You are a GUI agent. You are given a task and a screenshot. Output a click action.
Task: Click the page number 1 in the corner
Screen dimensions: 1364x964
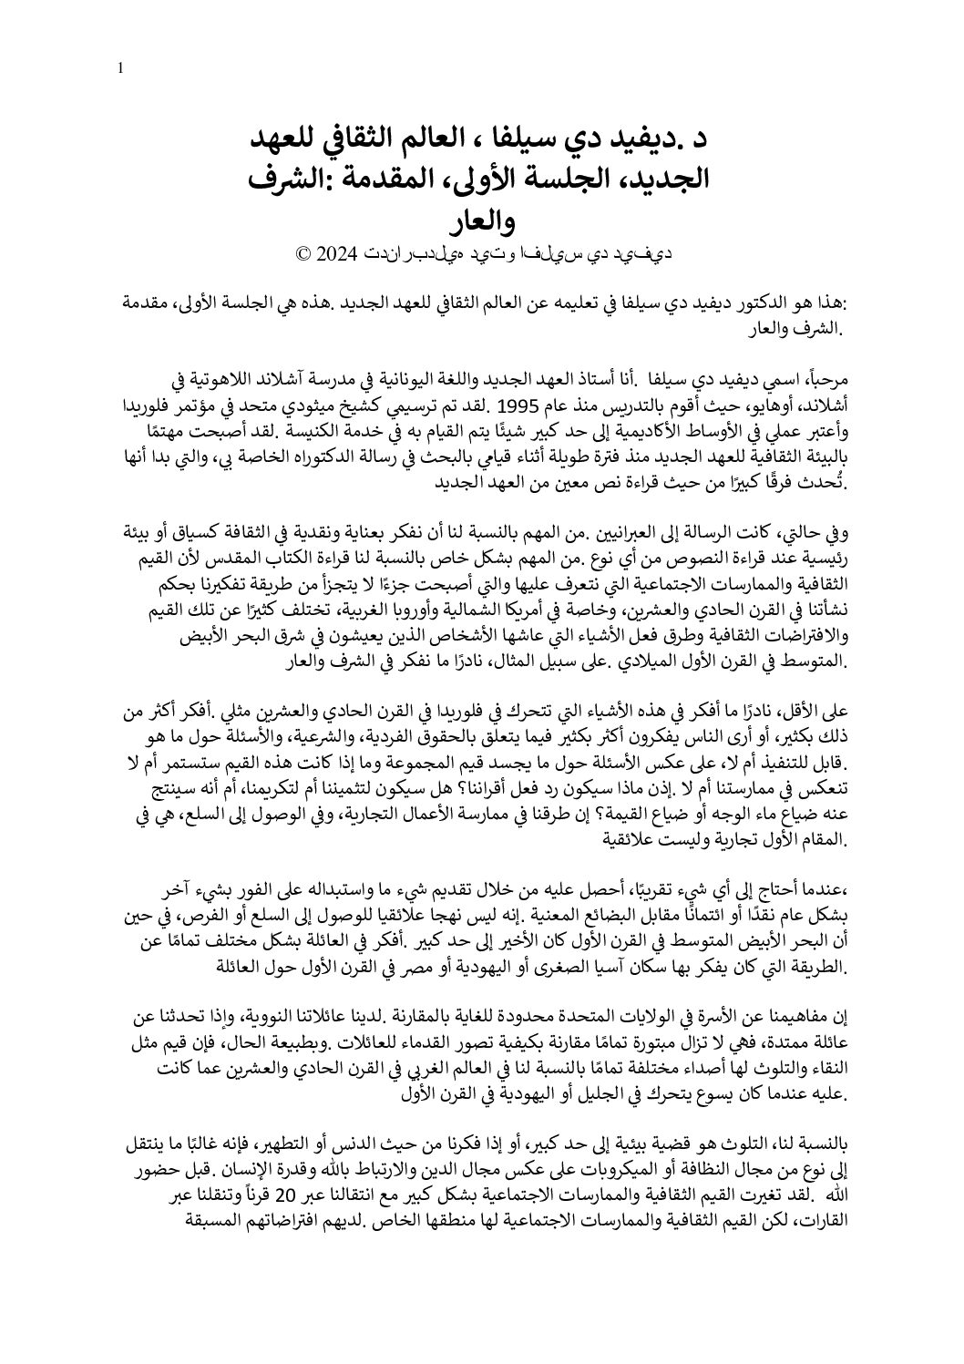pyautogui.click(x=121, y=69)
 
